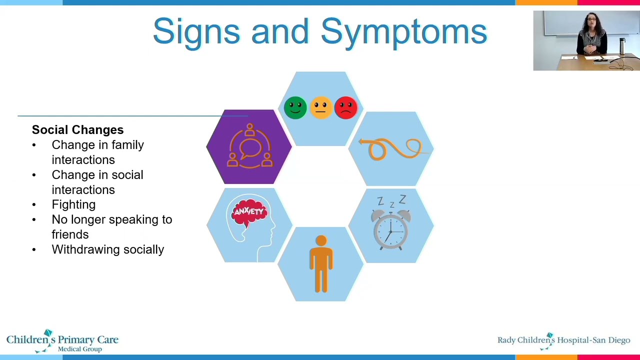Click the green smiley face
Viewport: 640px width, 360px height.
pyautogui.click(x=295, y=107)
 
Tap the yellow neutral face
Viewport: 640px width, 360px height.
pyautogui.click(x=320, y=107)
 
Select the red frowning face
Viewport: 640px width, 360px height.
pyautogui.click(x=346, y=107)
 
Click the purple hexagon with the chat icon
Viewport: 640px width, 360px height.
pyautogui.click(x=249, y=147)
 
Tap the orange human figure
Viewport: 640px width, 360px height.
pyautogui.click(x=321, y=263)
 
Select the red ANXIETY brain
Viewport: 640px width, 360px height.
pyautogui.click(x=249, y=212)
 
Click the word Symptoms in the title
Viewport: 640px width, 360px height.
pyautogui.click(x=403, y=31)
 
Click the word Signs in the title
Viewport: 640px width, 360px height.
pyautogui.click(x=196, y=31)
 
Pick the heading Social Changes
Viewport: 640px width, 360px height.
pyautogui.click(x=77, y=130)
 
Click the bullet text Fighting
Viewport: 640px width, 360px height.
pyautogui.click(x=73, y=204)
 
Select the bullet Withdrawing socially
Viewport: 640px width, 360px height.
pyautogui.click(x=107, y=249)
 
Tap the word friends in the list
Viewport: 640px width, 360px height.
pyautogui.click(x=70, y=234)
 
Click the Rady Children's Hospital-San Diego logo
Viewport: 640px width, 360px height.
pyautogui.click(x=563, y=340)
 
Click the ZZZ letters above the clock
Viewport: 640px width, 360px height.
pyautogui.click(x=391, y=202)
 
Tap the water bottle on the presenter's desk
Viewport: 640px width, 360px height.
pyautogui.click(x=622, y=46)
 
